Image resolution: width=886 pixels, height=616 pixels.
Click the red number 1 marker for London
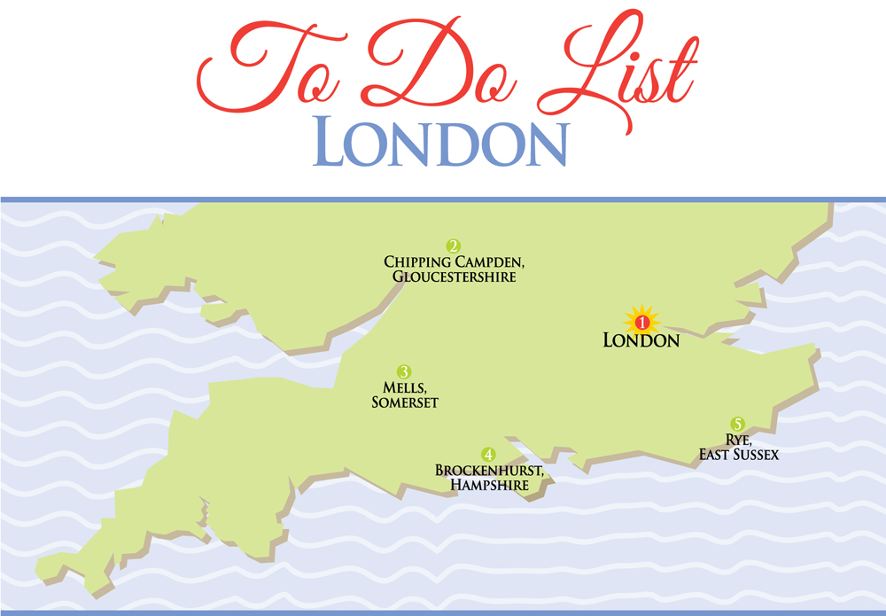(643, 322)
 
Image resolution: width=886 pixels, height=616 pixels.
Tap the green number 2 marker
(453, 246)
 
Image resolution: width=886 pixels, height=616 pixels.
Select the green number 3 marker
(404, 371)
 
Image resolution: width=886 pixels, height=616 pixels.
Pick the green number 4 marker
(488, 454)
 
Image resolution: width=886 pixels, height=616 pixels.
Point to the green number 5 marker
(737, 424)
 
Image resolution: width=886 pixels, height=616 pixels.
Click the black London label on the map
(641, 340)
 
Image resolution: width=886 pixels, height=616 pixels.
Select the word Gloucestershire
(454, 277)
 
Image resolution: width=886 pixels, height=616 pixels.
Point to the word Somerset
(405, 403)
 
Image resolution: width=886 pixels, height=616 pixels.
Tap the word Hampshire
(489, 486)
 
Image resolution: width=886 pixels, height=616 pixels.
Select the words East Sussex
(737, 456)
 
